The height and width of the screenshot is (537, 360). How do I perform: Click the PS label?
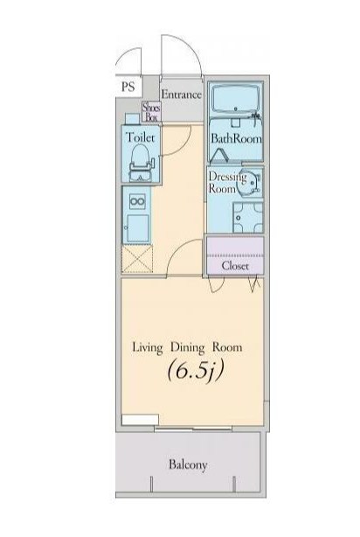[128, 87]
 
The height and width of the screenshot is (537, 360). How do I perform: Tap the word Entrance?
[181, 94]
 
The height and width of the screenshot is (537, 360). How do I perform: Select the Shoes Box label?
[151, 112]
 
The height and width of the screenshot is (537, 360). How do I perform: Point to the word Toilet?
[141, 137]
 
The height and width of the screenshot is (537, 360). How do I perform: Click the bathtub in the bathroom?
[235, 99]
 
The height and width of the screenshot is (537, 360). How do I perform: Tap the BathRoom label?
[236, 138]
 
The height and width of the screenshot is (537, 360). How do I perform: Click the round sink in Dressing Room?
[249, 181]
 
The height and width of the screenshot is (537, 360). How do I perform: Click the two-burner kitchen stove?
[137, 201]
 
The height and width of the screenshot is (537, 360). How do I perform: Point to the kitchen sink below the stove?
[137, 228]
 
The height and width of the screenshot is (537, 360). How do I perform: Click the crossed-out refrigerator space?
[137, 259]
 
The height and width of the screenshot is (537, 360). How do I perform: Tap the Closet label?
[235, 266]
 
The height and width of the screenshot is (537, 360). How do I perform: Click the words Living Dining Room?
[187, 347]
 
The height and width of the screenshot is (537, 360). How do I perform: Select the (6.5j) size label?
[196, 371]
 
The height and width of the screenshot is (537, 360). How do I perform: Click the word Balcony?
[188, 464]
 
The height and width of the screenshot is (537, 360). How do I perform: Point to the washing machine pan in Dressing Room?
[248, 218]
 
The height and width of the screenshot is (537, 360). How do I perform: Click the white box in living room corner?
[140, 420]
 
